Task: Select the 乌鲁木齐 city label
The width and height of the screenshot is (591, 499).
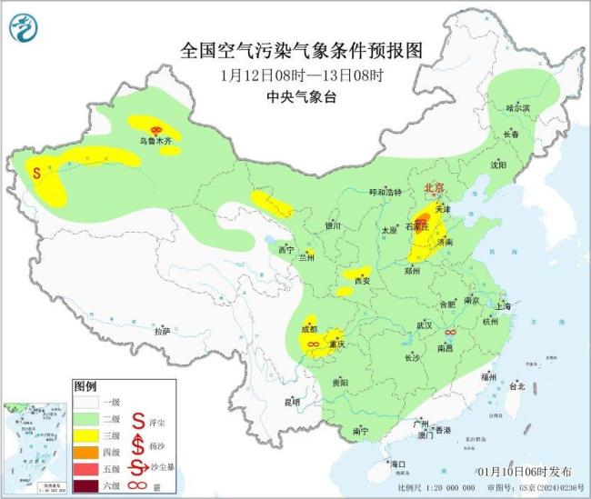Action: (x=155, y=142)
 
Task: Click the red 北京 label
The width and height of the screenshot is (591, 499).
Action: (x=434, y=188)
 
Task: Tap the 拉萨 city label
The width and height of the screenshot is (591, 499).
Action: (x=162, y=332)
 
